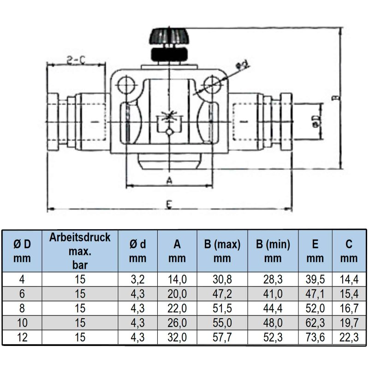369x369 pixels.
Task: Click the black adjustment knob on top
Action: (x=169, y=45)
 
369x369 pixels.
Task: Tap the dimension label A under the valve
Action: (x=169, y=181)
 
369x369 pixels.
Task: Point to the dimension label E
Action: (x=169, y=204)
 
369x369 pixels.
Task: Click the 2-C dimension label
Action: (x=76, y=60)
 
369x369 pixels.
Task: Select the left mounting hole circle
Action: (x=126, y=85)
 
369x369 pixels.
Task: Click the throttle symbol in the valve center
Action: (x=169, y=123)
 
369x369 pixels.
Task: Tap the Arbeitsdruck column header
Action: (x=80, y=251)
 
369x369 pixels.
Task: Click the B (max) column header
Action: (x=222, y=251)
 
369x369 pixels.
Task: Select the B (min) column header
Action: (x=273, y=251)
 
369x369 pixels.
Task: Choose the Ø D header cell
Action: (x=22, y=251)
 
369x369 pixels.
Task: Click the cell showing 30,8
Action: (x=222, y=280)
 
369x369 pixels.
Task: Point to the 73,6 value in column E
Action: (x=315, y=337)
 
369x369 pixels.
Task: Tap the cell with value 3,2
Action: (x=137, y=280)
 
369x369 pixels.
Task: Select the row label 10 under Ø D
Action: (x=22, y=322)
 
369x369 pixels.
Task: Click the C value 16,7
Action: (x=349, y=308)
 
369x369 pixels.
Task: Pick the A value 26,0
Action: (x=177, y=322)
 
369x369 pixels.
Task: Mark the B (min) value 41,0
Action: (x=273, y=294)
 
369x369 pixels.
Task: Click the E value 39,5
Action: (x=315, y=280)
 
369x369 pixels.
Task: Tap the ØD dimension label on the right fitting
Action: (x=316, y=121)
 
